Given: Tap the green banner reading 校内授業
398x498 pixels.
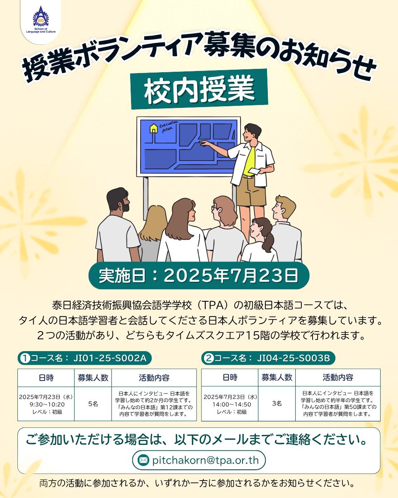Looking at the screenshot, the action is coord(199,89).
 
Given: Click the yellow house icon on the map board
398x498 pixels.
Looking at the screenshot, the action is coord(153,128).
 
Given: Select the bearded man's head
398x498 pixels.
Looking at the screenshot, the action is coord(118,201).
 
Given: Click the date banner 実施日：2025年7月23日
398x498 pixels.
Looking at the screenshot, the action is coord(199,276).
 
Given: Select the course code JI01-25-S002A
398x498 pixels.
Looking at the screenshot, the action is coord(110,358).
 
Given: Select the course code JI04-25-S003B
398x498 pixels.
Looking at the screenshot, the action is coord(294,358).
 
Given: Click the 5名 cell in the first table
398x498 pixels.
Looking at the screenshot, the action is coord(93,404).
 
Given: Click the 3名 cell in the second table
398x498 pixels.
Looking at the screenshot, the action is coord(277,403).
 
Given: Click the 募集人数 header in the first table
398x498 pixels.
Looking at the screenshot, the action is coord(93,378).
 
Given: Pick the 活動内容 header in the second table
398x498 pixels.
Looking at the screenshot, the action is coord(338,377).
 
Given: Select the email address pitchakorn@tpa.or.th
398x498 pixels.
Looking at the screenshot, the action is coord(205,460).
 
